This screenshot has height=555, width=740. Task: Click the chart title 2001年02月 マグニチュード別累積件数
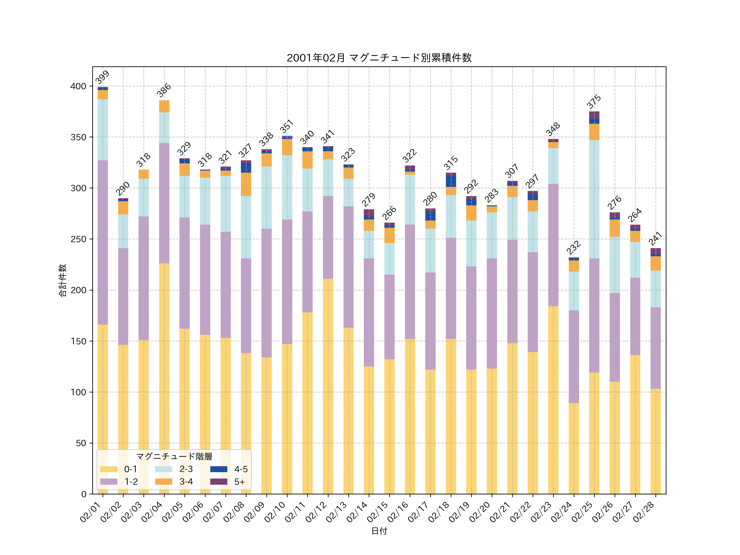[379, 58]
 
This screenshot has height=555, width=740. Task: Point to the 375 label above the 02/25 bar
[594, 102]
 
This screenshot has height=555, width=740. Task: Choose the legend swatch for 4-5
[219, 469]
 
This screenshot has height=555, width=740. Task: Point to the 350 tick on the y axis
[78, 137]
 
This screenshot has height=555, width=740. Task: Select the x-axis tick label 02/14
[357, 512]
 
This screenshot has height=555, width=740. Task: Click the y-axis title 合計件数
[62, 280]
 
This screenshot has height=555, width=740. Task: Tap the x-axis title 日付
[379, 531]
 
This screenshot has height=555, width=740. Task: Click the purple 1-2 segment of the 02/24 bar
[574, 357]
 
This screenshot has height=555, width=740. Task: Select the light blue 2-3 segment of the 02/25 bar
[594, 199]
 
